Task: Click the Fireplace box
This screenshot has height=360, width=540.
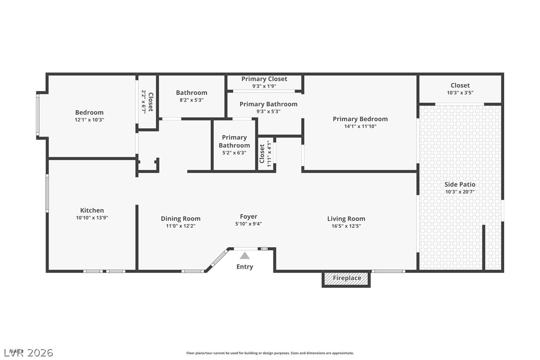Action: pos(347,278)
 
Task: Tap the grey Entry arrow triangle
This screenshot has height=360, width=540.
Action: pos(245,256)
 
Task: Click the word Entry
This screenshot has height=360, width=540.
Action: pos(245,267)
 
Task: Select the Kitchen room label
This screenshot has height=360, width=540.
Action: pos(92,210)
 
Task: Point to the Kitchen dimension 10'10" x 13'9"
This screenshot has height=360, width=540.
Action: pos(92,218)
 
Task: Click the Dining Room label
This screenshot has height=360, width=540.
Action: pos(180,218)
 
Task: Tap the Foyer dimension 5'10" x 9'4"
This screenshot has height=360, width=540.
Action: pos(249,224)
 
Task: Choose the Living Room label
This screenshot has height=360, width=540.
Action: pos(346,218)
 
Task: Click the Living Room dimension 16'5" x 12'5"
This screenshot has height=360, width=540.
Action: pos(346,226)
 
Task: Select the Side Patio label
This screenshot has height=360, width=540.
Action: pos(460,184)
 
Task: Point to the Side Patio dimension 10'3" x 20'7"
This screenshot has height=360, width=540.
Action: pos(460,192)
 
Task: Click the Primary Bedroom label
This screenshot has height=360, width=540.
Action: pos(360,119)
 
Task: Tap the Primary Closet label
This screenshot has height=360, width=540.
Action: pos(264,79)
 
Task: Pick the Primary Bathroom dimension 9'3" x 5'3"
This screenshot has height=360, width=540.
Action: pos(269,111)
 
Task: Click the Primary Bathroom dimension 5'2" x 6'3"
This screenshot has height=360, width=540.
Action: pos(234,153)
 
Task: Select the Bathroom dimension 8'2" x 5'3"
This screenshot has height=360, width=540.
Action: pos(191,100)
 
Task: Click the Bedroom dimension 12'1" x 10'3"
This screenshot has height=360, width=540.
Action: pos(90,120)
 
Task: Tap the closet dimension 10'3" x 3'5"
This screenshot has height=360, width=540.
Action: pos(460,92)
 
